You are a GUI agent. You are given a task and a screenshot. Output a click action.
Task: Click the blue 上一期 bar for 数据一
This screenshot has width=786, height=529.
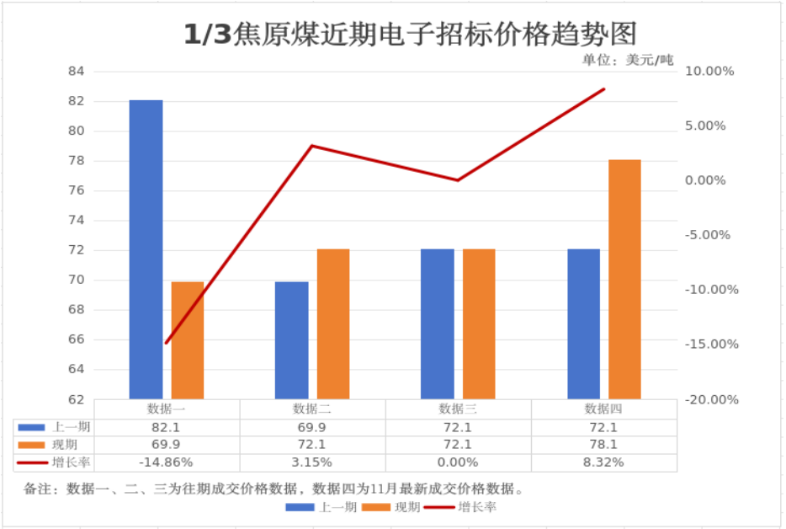click(146, 249)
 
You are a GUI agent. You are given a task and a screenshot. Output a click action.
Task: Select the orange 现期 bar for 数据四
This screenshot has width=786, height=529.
click(624, 279)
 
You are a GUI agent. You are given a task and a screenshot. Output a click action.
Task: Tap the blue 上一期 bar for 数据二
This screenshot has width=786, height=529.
click(292, 339)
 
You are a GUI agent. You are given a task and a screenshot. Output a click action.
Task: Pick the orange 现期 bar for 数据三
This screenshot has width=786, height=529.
click(479, 323)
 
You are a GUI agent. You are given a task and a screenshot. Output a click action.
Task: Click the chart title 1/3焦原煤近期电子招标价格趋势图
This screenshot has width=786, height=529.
click(410, 34)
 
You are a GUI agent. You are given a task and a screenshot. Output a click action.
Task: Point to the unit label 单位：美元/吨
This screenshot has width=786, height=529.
click(628, 60)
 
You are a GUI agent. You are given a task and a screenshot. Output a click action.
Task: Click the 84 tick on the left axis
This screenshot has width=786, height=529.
click(77, 72)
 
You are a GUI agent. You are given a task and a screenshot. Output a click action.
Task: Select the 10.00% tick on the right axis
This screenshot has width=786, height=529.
click(710, 72)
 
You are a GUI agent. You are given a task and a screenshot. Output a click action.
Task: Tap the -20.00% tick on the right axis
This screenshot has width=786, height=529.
click(712, 399)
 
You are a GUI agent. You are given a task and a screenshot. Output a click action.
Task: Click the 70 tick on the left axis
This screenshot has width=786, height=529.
click(77, 280)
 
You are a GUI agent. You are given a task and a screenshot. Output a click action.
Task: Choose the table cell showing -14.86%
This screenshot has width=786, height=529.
click(166, 462)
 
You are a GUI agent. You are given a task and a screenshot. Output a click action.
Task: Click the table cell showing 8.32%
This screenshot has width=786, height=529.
click(603, 462)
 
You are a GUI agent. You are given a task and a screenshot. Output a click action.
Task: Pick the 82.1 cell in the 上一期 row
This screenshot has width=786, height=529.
click(166, 427)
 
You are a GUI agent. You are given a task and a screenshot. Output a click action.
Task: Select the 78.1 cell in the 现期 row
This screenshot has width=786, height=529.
click(603, 445)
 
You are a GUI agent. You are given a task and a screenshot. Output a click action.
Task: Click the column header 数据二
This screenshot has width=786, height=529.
click(311, 409)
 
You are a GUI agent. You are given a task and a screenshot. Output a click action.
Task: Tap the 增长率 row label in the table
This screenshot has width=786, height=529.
click(71, 462)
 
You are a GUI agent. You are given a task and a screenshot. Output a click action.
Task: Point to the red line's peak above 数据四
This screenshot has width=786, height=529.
click(604, 89)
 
